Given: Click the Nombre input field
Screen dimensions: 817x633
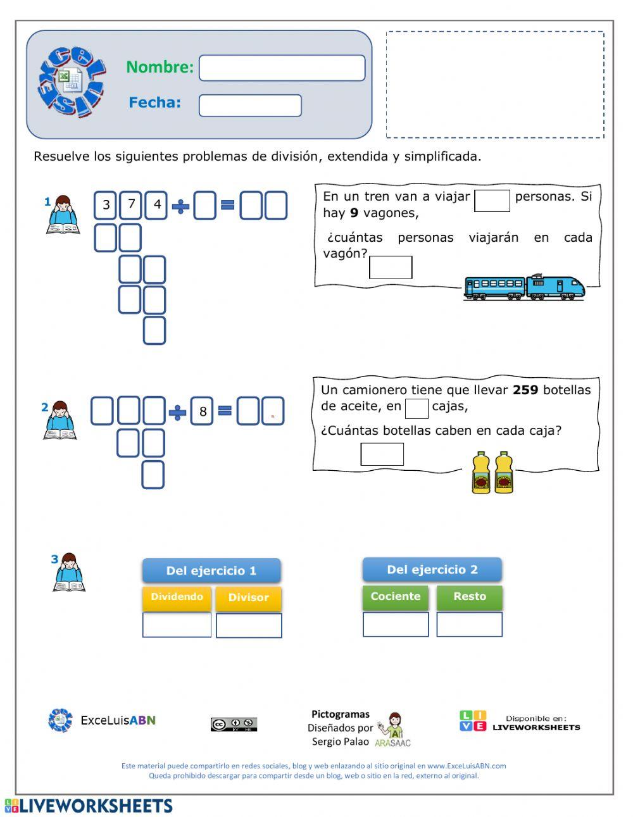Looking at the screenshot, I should (x=282, y=68).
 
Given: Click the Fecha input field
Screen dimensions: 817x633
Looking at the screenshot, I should (x=250, y=106).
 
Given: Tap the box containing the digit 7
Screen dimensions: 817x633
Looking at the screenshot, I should (x=131, y=204).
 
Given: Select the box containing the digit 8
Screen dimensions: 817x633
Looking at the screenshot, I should (x=203, y=411).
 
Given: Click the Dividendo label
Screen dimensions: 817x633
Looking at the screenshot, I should (x=177, y=597).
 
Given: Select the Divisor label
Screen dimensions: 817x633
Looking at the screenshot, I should (x=248, y=597).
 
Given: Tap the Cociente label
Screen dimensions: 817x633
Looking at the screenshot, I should (x=396, y=596).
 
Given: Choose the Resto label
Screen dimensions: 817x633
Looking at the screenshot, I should (x=470, y=596).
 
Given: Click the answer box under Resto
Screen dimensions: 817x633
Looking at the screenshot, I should (x=470, y=624).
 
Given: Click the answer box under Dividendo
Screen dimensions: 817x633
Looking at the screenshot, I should (x=177, y=625).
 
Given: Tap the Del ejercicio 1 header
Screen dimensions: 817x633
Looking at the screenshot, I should (x=211, y=570).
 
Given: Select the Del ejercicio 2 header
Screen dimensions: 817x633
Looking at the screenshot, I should (x=432, y=570).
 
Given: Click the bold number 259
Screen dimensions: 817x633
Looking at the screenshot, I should (x=525, y=390).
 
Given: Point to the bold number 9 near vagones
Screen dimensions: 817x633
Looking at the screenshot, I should (x=354, y=213).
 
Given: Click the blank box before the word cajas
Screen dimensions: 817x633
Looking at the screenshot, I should (x=417, y=408).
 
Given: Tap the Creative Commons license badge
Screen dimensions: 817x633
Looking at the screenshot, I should (x=234, y=725).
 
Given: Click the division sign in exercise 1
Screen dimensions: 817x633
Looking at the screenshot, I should (x=180, y=206).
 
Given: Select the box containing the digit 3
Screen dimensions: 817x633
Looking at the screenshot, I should (x=106, y=204).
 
